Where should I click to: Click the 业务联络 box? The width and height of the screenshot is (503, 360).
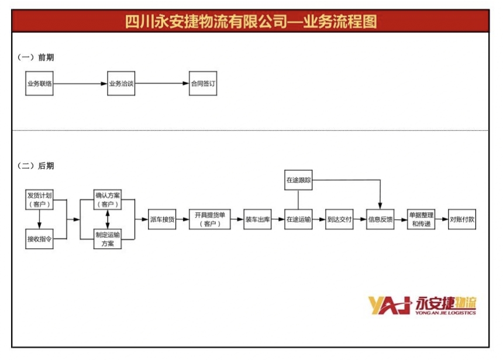(x=40, y=84)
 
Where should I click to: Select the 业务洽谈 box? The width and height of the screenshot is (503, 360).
(x=122, y=84)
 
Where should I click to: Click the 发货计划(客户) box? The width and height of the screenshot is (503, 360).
(x=40, y=199)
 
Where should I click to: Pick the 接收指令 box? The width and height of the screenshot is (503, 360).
(x=40, y=238)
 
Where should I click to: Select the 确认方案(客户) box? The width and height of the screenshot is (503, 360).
(x=108, y=199)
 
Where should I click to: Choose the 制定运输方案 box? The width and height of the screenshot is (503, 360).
(x=108, y=238)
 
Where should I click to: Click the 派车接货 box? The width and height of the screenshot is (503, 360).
(x=163, y=219)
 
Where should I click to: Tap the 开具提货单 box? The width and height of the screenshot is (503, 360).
(x=209, y=219)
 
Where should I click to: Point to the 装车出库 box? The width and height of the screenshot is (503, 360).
(x=257, y=219)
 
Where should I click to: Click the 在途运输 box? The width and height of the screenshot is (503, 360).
(x=298, y=219)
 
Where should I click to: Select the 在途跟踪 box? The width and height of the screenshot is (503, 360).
(x=298, y=181)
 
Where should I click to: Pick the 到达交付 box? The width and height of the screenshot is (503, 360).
(x=339, y=219)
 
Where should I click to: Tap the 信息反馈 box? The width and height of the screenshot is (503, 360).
(x=380, y=219)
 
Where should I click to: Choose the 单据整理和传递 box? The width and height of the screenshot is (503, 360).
(x=422, y=219)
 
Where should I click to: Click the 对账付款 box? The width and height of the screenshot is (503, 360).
(x=462, y=219)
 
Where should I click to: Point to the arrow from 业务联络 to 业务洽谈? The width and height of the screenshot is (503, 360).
(x=80, y=84)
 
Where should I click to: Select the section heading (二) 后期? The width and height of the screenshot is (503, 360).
(x=36, y=165)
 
